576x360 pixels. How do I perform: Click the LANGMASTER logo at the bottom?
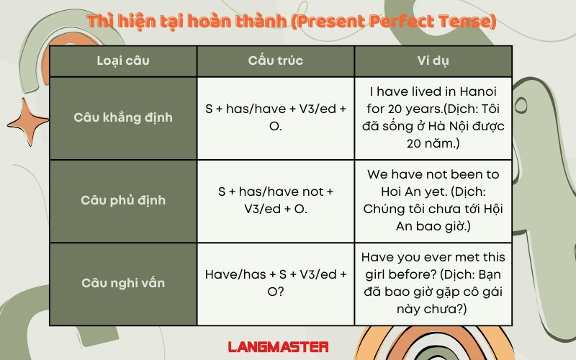[279, 346]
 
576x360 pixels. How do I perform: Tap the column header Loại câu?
[123, 60]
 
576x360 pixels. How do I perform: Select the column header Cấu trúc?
[275, 60]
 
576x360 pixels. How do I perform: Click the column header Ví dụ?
[433, 60]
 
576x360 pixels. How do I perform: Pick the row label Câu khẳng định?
[123, 117]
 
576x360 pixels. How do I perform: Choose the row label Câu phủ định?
[123, 200]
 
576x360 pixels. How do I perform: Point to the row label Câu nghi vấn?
[123, 283]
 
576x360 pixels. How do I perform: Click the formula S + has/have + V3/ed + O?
[275, 117]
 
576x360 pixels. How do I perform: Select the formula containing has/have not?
[275, 200]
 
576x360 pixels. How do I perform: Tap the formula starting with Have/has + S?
[275, 283]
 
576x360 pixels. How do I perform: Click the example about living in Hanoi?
[433, 117]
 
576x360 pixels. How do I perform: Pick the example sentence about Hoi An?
[433, 200]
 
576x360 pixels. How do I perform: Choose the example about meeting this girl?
[433, 283]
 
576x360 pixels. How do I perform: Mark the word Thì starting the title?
[99, 22]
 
